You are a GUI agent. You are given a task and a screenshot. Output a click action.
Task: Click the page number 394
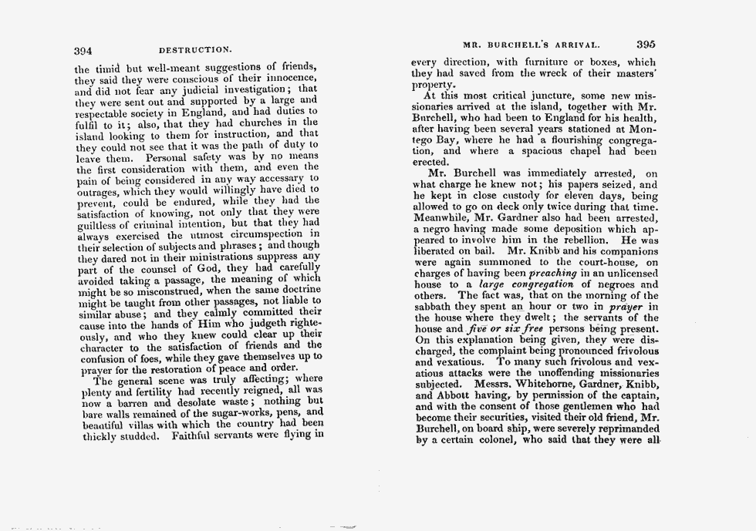coord(83,50)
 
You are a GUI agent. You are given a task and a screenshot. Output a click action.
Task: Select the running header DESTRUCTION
coord(195,51)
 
